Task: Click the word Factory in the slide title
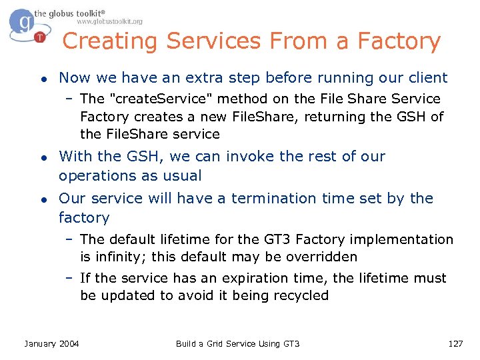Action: [399, 41]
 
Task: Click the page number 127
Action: [455, 343]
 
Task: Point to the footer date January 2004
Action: [51, 343]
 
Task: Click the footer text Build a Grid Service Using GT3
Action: [237, 343]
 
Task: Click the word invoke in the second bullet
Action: [251, 156]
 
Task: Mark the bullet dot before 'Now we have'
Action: [43, 78]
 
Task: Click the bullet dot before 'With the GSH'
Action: [43, 157]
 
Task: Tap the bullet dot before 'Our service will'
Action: [43, 199]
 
